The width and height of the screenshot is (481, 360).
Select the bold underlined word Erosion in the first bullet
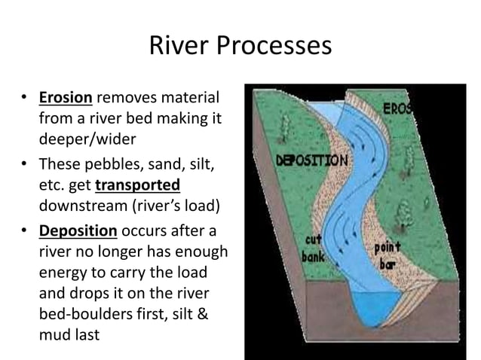click(66, 98)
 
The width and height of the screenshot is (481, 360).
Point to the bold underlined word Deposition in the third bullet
click(75, 230)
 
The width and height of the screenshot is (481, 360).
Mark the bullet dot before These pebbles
click(24, 163)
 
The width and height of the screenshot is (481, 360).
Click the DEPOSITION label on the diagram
click(312, 161)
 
